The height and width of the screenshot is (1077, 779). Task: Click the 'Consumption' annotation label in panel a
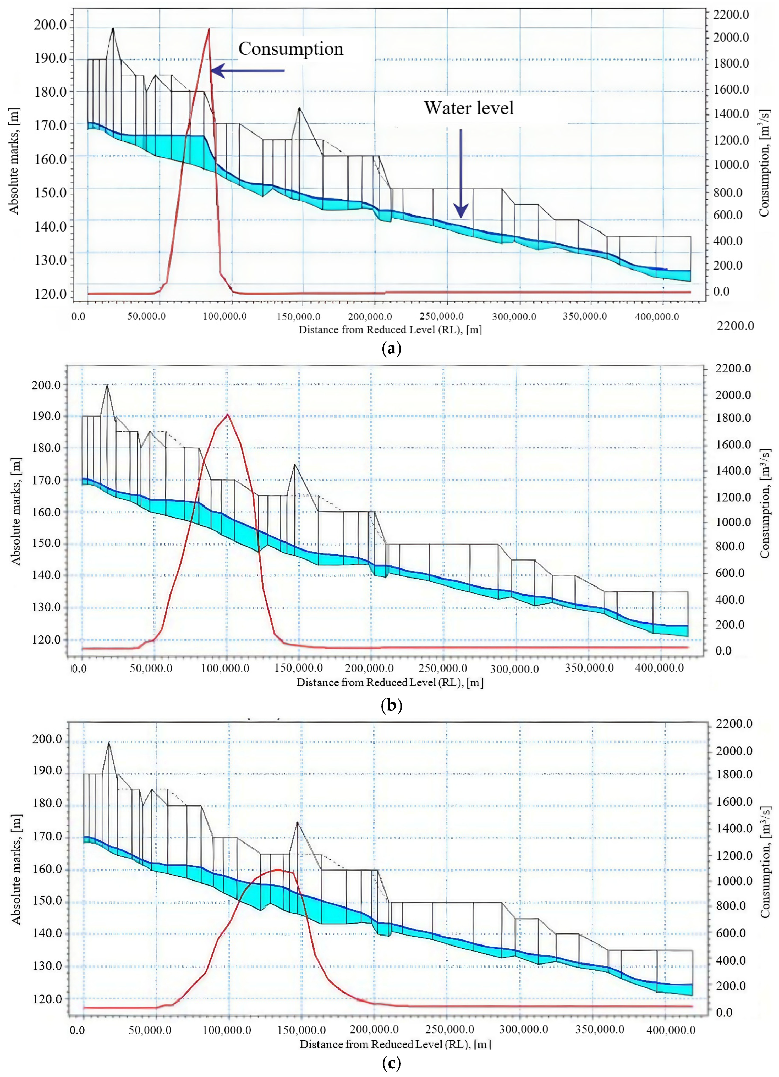coord(291,49)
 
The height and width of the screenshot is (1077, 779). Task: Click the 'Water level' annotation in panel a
coord(469,108)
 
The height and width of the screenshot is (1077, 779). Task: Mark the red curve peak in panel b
coord(228,415)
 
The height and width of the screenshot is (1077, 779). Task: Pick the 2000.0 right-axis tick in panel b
coord(733,395)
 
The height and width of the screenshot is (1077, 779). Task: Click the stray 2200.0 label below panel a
coord(735,326)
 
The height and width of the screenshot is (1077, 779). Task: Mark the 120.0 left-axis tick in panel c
coord(47,999)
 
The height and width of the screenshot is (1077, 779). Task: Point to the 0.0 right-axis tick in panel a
coord(721,292)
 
